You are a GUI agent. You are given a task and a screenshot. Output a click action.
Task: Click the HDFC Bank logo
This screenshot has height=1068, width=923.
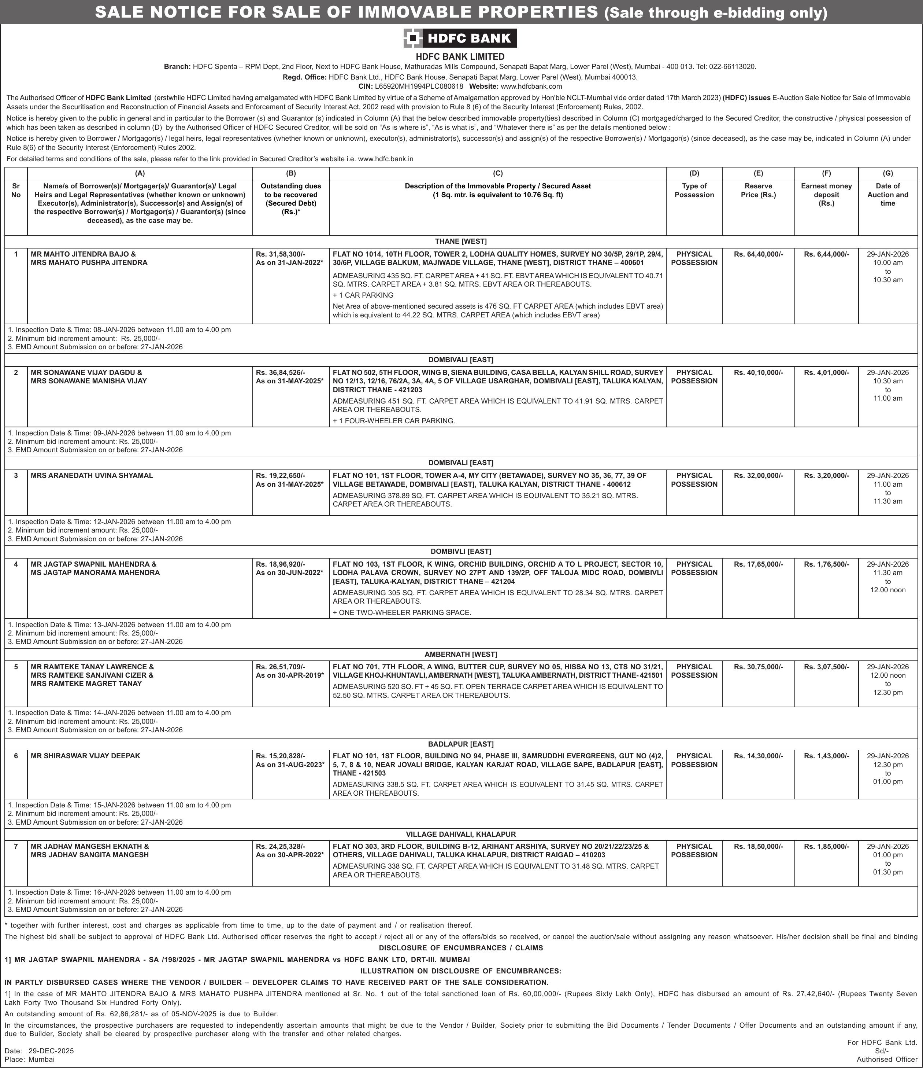pos(460,38)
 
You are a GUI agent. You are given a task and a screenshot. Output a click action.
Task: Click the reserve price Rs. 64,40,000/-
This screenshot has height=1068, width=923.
pos(758,254)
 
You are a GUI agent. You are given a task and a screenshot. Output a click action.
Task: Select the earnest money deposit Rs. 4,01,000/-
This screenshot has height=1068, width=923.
pos(826,372)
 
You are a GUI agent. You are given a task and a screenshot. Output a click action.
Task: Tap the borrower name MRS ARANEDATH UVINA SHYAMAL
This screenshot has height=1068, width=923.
pos(92,475)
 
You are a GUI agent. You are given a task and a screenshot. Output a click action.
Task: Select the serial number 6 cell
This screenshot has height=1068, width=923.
pos(16,756)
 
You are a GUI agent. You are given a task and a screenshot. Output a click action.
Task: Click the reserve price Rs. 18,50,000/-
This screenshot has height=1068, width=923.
pos(758,846)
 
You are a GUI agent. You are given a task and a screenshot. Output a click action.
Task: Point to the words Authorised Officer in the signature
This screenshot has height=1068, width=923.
pos(887,1059)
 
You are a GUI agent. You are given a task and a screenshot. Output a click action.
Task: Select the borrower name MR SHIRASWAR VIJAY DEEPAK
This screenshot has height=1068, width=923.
pos(85,756)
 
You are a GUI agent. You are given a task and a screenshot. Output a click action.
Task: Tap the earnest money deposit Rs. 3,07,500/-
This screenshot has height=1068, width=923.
pos(826,666)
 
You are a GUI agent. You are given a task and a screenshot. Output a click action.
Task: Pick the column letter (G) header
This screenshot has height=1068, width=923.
pos(887,173)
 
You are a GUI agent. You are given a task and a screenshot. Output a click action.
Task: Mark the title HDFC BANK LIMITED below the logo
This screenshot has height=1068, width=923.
pos(460,57)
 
